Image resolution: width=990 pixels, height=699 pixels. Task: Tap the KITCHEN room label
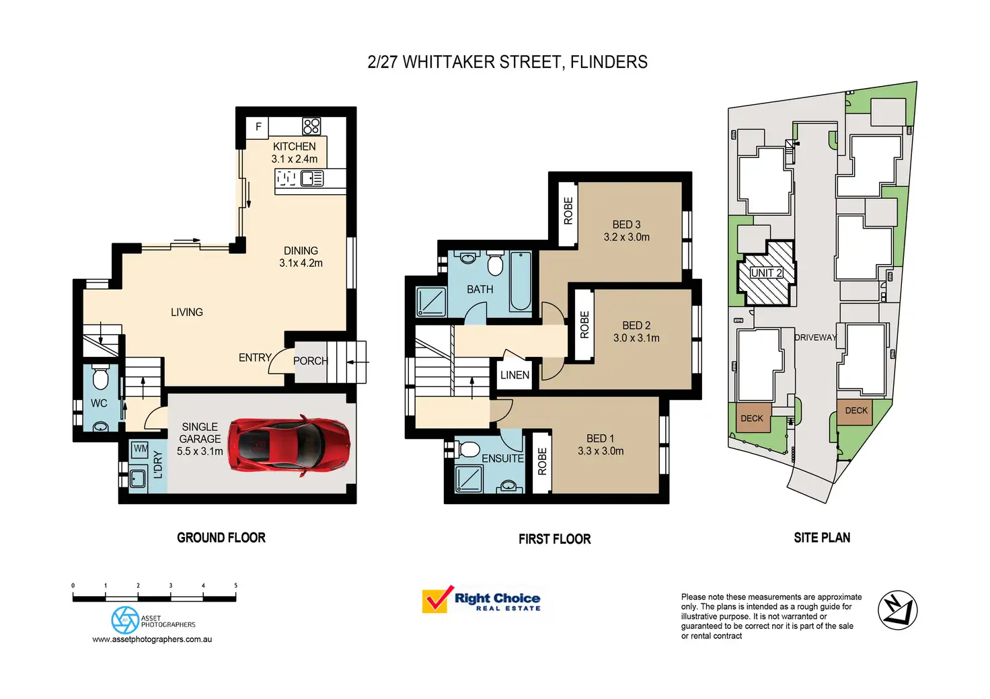coord(294,147)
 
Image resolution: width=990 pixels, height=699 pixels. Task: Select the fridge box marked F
coord(258,127)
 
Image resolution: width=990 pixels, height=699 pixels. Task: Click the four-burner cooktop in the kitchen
coord(311,126)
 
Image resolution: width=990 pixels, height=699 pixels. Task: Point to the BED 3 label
coord(626,224)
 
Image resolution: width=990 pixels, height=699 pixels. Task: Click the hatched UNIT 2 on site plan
coord(767,273)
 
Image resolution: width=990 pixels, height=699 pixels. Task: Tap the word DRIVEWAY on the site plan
coord(815,337)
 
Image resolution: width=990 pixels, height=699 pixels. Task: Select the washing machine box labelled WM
coord(141,448)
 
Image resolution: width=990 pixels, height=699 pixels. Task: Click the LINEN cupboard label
coord(515,375)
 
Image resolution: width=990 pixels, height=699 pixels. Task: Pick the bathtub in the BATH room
coord(520,281)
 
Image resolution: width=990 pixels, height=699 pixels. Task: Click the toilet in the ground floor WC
coord(100,379)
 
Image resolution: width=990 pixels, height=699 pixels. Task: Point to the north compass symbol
coord(898,610)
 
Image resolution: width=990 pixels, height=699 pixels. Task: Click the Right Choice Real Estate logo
coord(482,600)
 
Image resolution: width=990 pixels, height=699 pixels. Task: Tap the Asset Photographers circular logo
coord(125,620)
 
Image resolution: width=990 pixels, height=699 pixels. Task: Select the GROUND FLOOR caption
coord(221,538)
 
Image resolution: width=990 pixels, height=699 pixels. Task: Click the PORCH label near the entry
coord(310,361)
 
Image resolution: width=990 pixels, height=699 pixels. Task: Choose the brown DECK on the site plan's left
coord(752,418)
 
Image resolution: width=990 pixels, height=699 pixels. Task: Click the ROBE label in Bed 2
coord(584,325)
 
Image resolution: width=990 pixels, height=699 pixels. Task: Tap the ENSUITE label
coord(502,458)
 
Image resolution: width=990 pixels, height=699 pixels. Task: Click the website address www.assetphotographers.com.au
coord(152,639)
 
